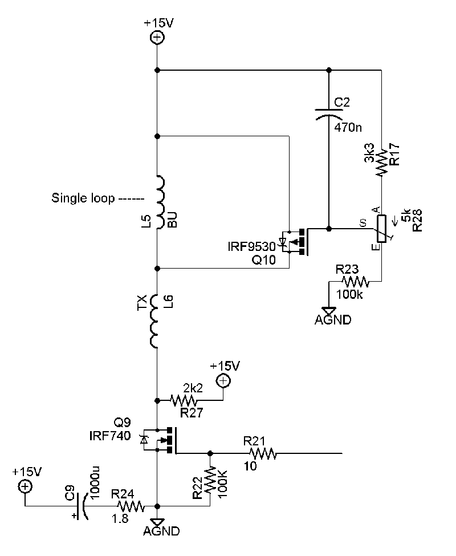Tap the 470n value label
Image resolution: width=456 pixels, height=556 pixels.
coord(348,127)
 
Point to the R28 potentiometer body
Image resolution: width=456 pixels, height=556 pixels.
coord(381,229)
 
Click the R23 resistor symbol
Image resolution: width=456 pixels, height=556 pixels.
coord(356,282)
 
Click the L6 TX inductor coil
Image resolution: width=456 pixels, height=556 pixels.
coord(156,322)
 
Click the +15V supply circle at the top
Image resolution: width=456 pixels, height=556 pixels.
coord(157,38)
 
